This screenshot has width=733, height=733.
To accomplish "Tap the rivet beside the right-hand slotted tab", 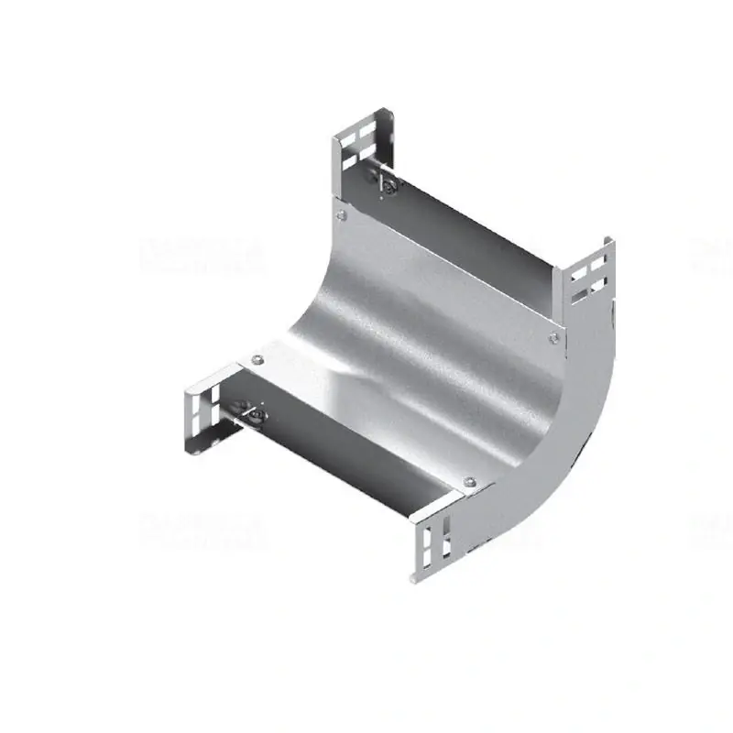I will click(x=552, y=340).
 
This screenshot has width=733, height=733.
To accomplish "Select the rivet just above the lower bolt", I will click(x=256, y=358).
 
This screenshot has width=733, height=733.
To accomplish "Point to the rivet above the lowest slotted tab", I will click(x=469, y=483).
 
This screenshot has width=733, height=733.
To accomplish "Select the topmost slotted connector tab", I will click(x=362, y=147).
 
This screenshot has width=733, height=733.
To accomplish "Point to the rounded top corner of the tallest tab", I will click(x=388, y=113).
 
